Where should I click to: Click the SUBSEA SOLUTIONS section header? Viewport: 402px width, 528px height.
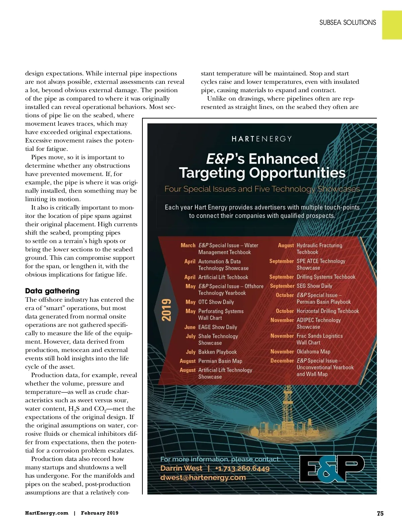click(x=347, y=23)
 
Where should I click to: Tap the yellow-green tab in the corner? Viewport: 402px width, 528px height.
click(x=392, y=25)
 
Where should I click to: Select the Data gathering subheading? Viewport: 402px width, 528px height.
click(x=52, y=291)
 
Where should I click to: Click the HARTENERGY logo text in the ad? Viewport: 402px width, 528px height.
click(x=262, y=139)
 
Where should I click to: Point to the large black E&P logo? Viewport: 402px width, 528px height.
click(x=331, y=468)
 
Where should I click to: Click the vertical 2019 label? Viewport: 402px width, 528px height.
click(x=166, y=310)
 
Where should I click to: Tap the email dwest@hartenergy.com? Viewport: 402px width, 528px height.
click(x=203, y=477)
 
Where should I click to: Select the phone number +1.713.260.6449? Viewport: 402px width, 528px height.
click(x=242, y=468)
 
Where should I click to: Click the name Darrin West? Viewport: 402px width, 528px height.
click(x=181, y=468)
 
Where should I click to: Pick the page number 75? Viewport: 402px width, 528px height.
click(x=380, y=513)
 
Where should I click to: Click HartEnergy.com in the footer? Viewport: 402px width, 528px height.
click(x=47, y=513)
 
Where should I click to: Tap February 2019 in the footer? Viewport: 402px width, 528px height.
click(x=99, y=513)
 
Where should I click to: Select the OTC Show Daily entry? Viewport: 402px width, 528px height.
click(x=216, y=302)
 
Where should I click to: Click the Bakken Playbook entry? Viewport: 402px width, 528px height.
click(x=217, y=352)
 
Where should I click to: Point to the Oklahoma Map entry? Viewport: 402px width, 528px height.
click(x=313, y=352)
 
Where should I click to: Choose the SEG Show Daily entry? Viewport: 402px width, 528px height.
click(x=314, y=286)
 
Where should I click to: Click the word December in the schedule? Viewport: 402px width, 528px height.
click(x=282, y=361)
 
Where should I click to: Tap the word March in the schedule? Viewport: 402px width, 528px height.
click(x=188, y=245)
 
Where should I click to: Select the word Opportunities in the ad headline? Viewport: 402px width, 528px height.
click(x=297, y=173)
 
